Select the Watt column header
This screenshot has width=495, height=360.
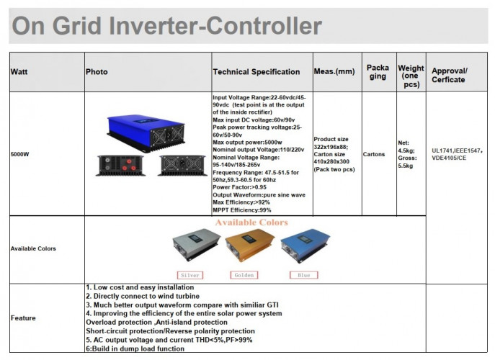tap(19, 72)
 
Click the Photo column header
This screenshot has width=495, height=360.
tap(97, 72)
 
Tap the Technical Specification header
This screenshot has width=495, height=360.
tap(257, 72)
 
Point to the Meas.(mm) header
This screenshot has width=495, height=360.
tap(335, 72)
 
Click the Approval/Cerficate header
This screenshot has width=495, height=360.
tap(450, 76)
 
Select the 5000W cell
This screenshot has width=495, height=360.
tap(20, 154)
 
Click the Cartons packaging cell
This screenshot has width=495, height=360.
tap(374, 154)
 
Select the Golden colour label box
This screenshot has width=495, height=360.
tap(243, 275)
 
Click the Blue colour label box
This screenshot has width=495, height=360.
tap(303, 275)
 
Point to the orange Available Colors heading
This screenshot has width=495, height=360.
tap(251, 223)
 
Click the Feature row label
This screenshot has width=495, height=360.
tap(23, 318)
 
